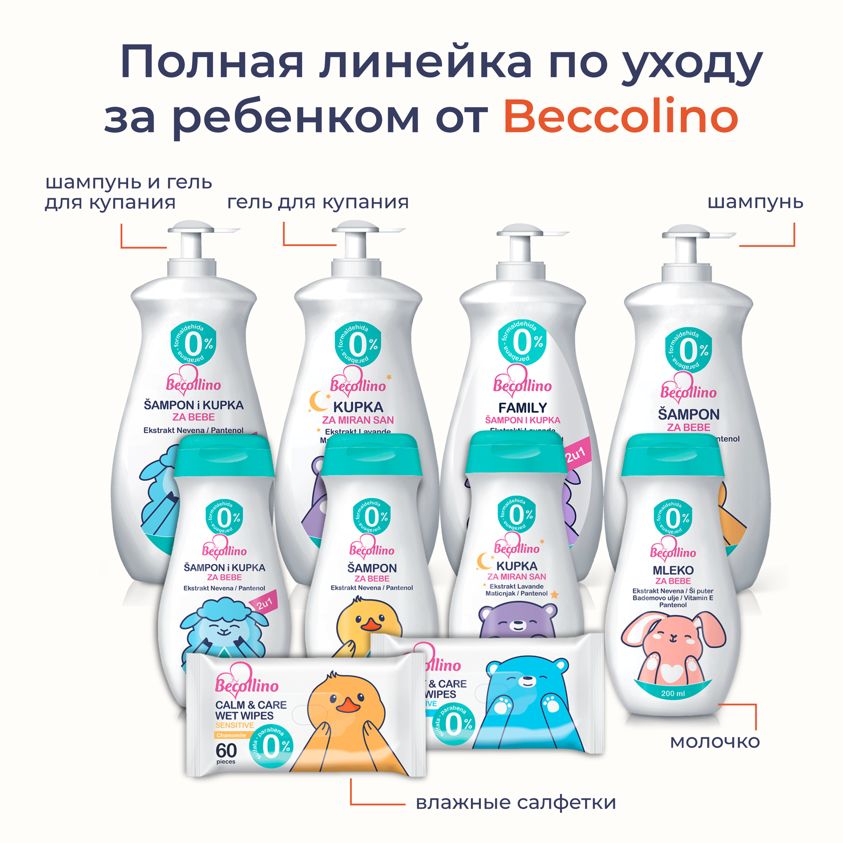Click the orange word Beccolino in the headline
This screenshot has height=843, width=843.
pos(620,117)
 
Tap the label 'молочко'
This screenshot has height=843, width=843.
pos(715,741)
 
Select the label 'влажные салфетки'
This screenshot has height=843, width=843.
pos(515,802)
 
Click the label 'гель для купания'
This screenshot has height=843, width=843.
pos(318,202)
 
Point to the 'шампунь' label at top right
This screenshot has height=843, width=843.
pos(755,202)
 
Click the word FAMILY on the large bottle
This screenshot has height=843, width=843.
pos(522,408)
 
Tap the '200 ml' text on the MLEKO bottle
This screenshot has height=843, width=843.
pos(673,693)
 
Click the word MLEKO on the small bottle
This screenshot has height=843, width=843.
pos(673,570)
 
